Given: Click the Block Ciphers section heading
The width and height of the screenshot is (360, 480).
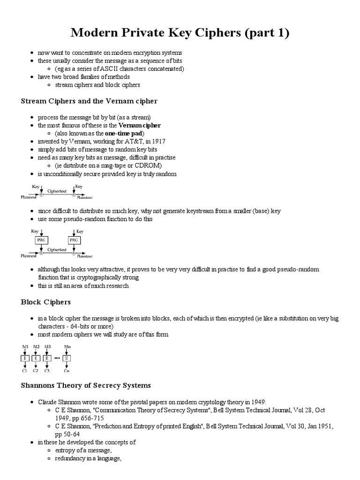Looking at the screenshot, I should pyautogui.click(x=46, y=302).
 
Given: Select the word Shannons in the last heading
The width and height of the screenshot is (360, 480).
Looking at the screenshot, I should pyautogui.click(x=38, y=385).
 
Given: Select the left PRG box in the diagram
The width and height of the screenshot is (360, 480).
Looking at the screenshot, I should pyautogui.click(x=41, y=240).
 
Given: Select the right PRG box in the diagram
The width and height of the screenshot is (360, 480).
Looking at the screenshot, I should pyautogui.click(x=74, y=240).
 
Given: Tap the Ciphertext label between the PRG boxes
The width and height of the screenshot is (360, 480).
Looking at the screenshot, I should pyautogui.click(x=57, y=250).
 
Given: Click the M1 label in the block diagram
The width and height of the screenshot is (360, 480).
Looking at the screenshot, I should pyautogui.click(x=26, y=347).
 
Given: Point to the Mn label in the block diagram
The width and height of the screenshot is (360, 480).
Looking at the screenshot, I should pyautogui.click(x=67, y=347).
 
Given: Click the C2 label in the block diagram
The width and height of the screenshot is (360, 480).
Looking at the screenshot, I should pyautogui.click(x=36, y=370).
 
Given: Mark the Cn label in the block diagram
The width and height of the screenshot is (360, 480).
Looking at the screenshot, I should pyautogui.click(x=67, y=370).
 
